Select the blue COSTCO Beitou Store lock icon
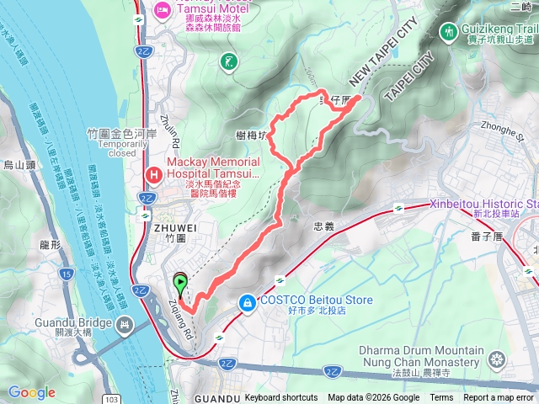tap(247, 301)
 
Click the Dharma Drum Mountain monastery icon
tap(497, 359)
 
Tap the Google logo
tap(32, 392)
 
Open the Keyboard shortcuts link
tap(281, 397)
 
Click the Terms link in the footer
tap(441, 397)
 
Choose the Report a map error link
tap(499, 397)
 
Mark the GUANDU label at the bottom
tap(216, 397)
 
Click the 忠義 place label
tap(323, 226)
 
